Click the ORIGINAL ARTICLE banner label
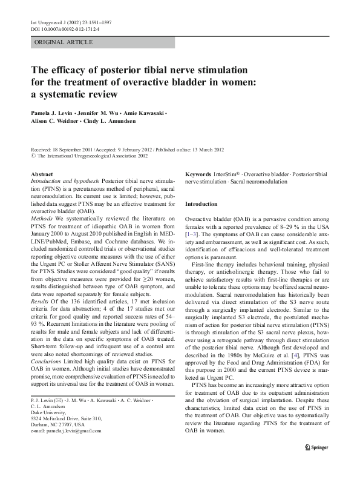pos(64,42)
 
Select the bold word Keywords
pos(198,174)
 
